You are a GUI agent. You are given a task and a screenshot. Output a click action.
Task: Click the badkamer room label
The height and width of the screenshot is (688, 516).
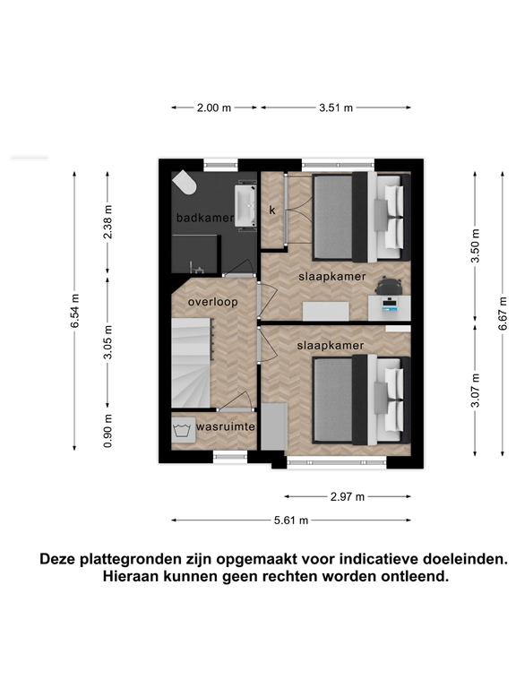[x=204, y=218]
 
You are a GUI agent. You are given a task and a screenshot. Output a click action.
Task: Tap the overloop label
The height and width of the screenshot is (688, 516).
[x=213, y=302]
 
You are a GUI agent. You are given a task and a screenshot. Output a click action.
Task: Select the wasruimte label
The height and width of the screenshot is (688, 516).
[x=226, y=426]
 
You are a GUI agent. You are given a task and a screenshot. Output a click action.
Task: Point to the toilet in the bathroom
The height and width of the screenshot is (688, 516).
[x=185, y=184]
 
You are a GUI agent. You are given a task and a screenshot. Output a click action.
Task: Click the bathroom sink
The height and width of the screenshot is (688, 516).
[x=245, y=206]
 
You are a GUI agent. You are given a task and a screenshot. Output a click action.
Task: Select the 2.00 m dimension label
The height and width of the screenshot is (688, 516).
[x=214, y=107]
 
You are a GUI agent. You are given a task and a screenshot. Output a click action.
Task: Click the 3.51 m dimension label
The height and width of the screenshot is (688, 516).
[x=336, y=107]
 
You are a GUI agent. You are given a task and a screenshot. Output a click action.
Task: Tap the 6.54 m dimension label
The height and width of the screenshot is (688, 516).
[x=75, y=310]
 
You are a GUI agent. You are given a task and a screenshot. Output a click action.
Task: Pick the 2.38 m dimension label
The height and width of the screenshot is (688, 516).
[x=107, y=221]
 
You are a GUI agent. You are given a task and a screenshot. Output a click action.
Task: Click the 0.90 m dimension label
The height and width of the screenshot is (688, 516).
[x=107, y=430]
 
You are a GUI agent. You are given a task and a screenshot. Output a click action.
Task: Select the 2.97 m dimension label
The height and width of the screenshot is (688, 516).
[x=348, y=496]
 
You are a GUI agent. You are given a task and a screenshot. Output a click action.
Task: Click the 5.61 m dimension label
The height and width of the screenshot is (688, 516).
[x=291, y=520]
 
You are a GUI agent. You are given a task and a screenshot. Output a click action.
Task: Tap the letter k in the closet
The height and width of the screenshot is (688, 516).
[x=272, y=211]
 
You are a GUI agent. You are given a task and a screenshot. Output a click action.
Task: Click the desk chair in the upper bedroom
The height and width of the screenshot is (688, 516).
[x=389, y=285]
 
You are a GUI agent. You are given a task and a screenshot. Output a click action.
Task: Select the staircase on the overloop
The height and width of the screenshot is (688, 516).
[x=192, y=363]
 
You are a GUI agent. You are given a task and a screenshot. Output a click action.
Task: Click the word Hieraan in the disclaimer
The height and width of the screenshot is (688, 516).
[x=131, y=576]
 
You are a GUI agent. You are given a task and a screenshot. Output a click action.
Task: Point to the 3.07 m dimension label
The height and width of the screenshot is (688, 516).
[x=475, y=390]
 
